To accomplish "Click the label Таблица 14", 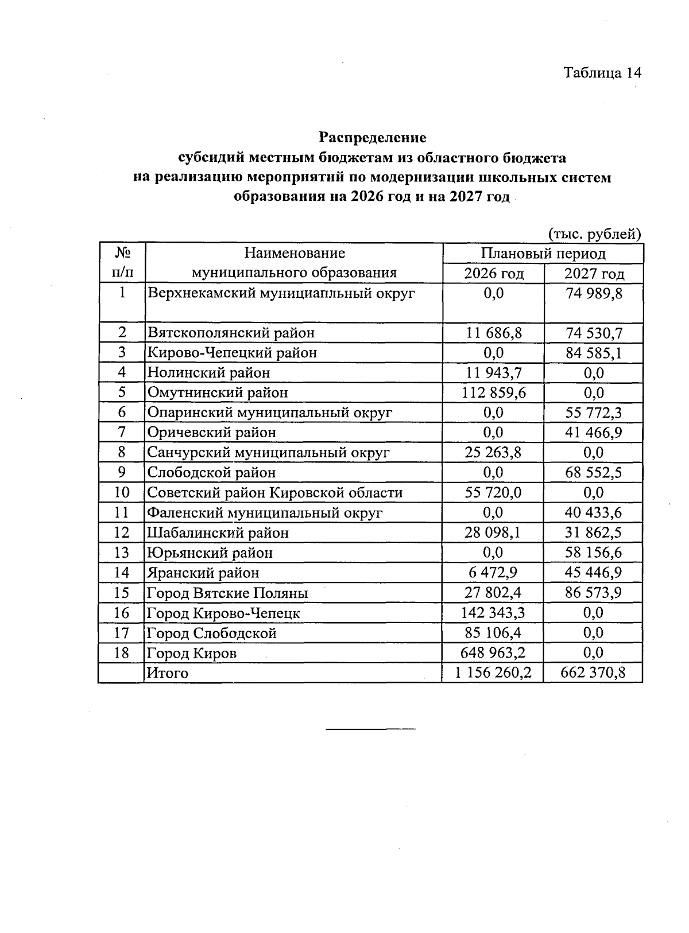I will pos(602,73).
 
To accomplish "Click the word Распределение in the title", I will pos(373,138).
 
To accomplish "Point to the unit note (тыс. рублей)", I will pos(594,234).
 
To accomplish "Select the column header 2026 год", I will pos(494,273).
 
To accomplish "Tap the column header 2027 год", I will pos(594,273).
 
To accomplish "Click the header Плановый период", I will pos(543,254).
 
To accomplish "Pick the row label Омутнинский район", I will pos(218,392).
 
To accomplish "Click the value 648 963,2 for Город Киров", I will pos(493,652).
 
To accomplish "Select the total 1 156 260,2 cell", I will pos(493,672).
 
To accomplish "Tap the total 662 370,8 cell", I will pos(593,672).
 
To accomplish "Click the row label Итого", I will pos(168,672).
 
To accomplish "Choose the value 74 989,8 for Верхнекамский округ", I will pos(594,294).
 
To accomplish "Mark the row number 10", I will pos(122,492).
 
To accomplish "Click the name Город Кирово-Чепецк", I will pos(223,613).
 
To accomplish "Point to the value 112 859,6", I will pos(493,392).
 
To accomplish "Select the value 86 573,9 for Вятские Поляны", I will pos(594,592).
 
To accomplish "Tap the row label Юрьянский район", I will pos(210,553).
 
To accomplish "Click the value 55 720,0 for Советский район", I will pos(493,492).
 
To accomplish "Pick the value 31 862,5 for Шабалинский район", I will pos(594,532).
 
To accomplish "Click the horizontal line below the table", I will pos(370,729).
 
